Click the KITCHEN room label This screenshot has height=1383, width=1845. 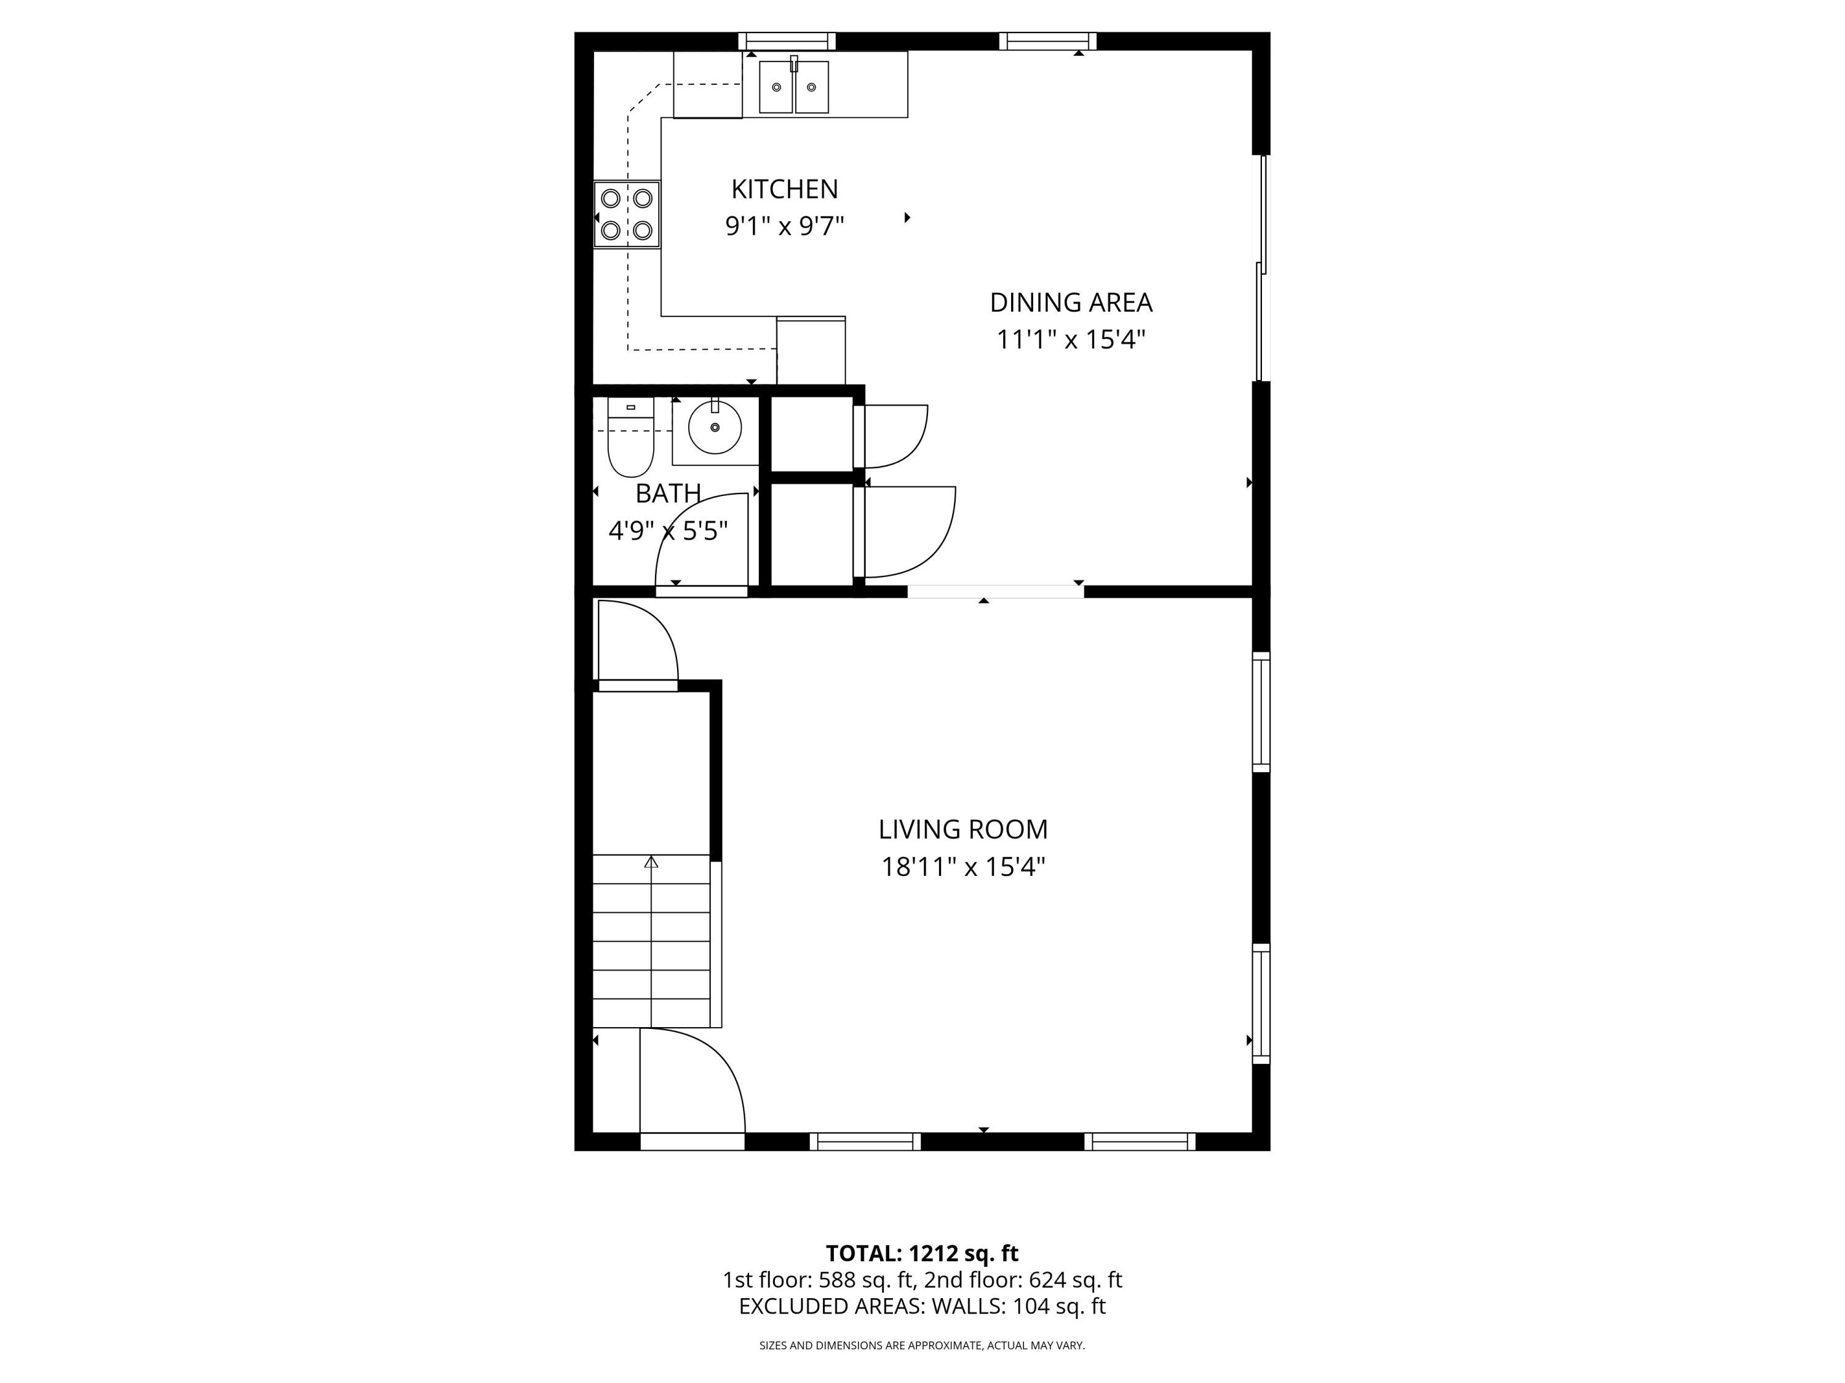784,189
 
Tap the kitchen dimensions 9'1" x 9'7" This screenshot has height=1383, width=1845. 784,227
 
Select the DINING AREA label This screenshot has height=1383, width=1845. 1070,302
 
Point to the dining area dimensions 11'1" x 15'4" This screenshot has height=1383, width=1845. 1070,340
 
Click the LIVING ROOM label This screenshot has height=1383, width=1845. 962,829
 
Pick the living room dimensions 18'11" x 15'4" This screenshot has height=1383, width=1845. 962,867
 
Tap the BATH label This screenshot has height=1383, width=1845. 667,494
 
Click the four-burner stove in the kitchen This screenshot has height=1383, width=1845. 627,215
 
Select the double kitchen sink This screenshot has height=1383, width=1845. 793,87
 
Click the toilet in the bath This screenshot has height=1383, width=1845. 630,442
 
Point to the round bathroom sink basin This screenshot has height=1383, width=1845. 715,427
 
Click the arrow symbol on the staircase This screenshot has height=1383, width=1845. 651,862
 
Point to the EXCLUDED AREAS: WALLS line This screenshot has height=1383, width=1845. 922,1306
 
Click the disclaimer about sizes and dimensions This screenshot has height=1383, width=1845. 922,1346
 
